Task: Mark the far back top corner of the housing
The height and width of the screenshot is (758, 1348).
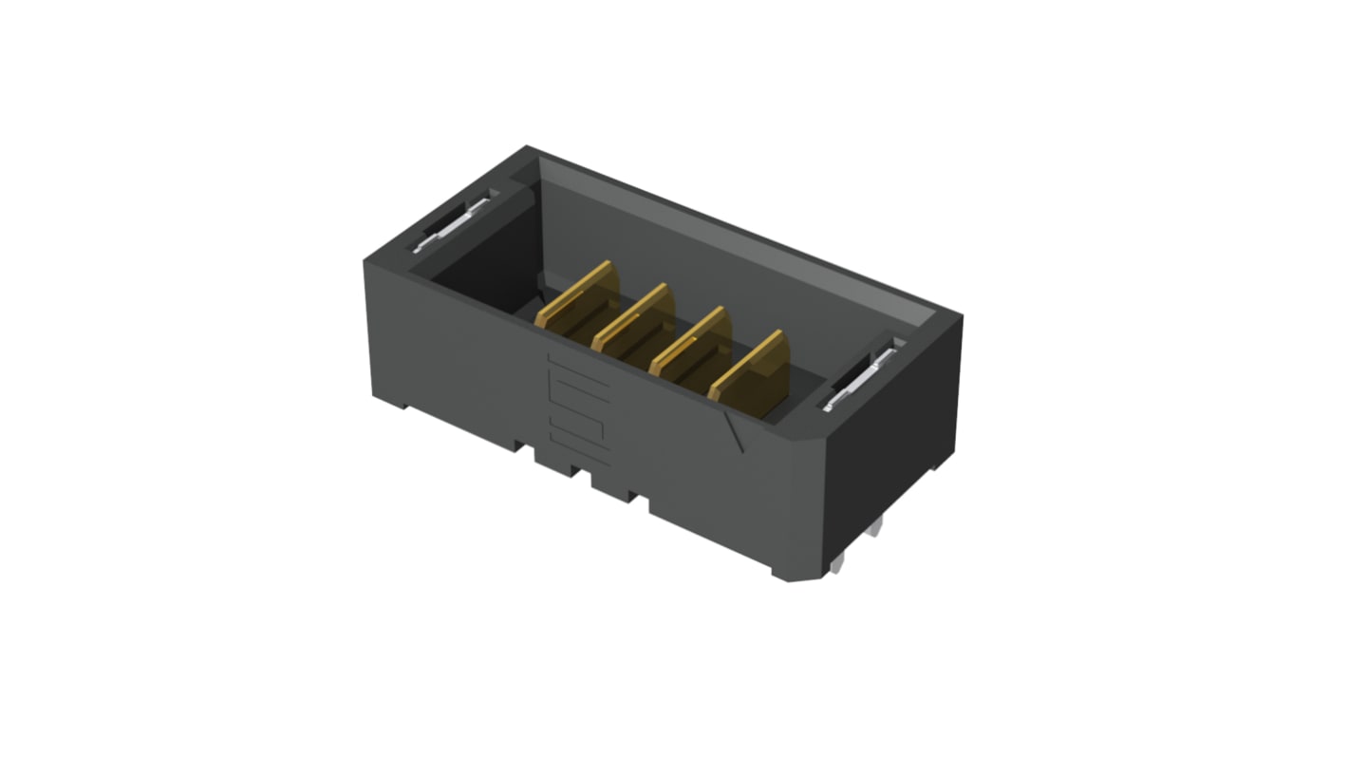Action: coord(527,147)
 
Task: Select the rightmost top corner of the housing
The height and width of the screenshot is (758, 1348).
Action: coord(961,315)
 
